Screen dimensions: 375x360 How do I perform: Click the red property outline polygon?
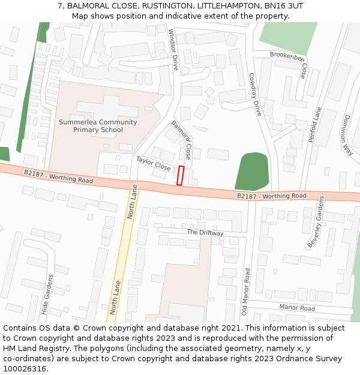180,175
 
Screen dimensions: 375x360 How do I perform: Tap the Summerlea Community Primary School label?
98,126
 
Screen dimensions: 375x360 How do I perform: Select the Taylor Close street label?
154,163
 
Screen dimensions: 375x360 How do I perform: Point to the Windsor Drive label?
173,49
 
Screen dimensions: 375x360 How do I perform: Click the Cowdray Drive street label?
256,94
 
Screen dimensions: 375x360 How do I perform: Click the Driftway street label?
205,232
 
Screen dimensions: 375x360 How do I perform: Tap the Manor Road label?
297,308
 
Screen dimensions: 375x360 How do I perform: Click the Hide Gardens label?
47,295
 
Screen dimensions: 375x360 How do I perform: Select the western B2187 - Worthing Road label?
59,176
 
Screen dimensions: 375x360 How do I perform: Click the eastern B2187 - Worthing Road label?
271,196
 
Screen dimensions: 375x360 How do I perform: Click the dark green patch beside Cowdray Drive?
252,172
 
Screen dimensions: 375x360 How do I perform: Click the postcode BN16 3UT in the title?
280,6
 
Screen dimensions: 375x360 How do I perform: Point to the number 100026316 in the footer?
25,369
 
